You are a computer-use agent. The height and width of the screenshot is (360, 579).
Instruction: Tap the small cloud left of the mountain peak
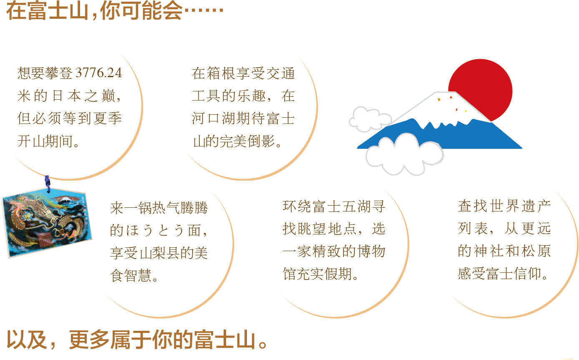[370, 119]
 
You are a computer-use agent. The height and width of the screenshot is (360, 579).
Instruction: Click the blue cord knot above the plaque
[47, 184]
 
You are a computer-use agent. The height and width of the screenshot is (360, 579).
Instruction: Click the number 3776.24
[98, 73]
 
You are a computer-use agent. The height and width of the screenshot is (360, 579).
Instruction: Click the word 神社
[488, 251]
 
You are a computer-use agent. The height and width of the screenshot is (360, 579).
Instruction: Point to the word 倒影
[261, 141]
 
